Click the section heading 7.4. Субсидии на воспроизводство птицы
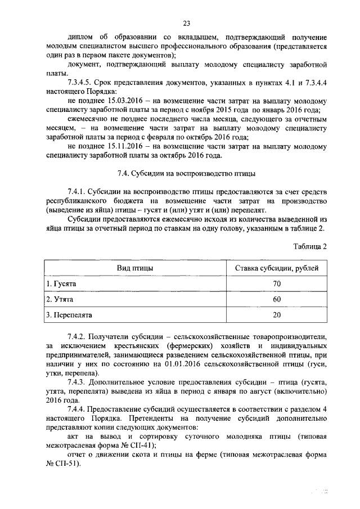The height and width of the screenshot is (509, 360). [186, 173]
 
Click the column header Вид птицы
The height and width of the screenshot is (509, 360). [135, 268]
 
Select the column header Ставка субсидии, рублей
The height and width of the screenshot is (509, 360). [276, 268]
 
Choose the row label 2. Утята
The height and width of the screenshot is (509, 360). [60, 299]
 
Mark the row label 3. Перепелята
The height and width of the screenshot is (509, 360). [69, 315]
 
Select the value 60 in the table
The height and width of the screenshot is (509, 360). [276, 299]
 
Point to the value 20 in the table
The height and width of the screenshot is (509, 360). [276, 315]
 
